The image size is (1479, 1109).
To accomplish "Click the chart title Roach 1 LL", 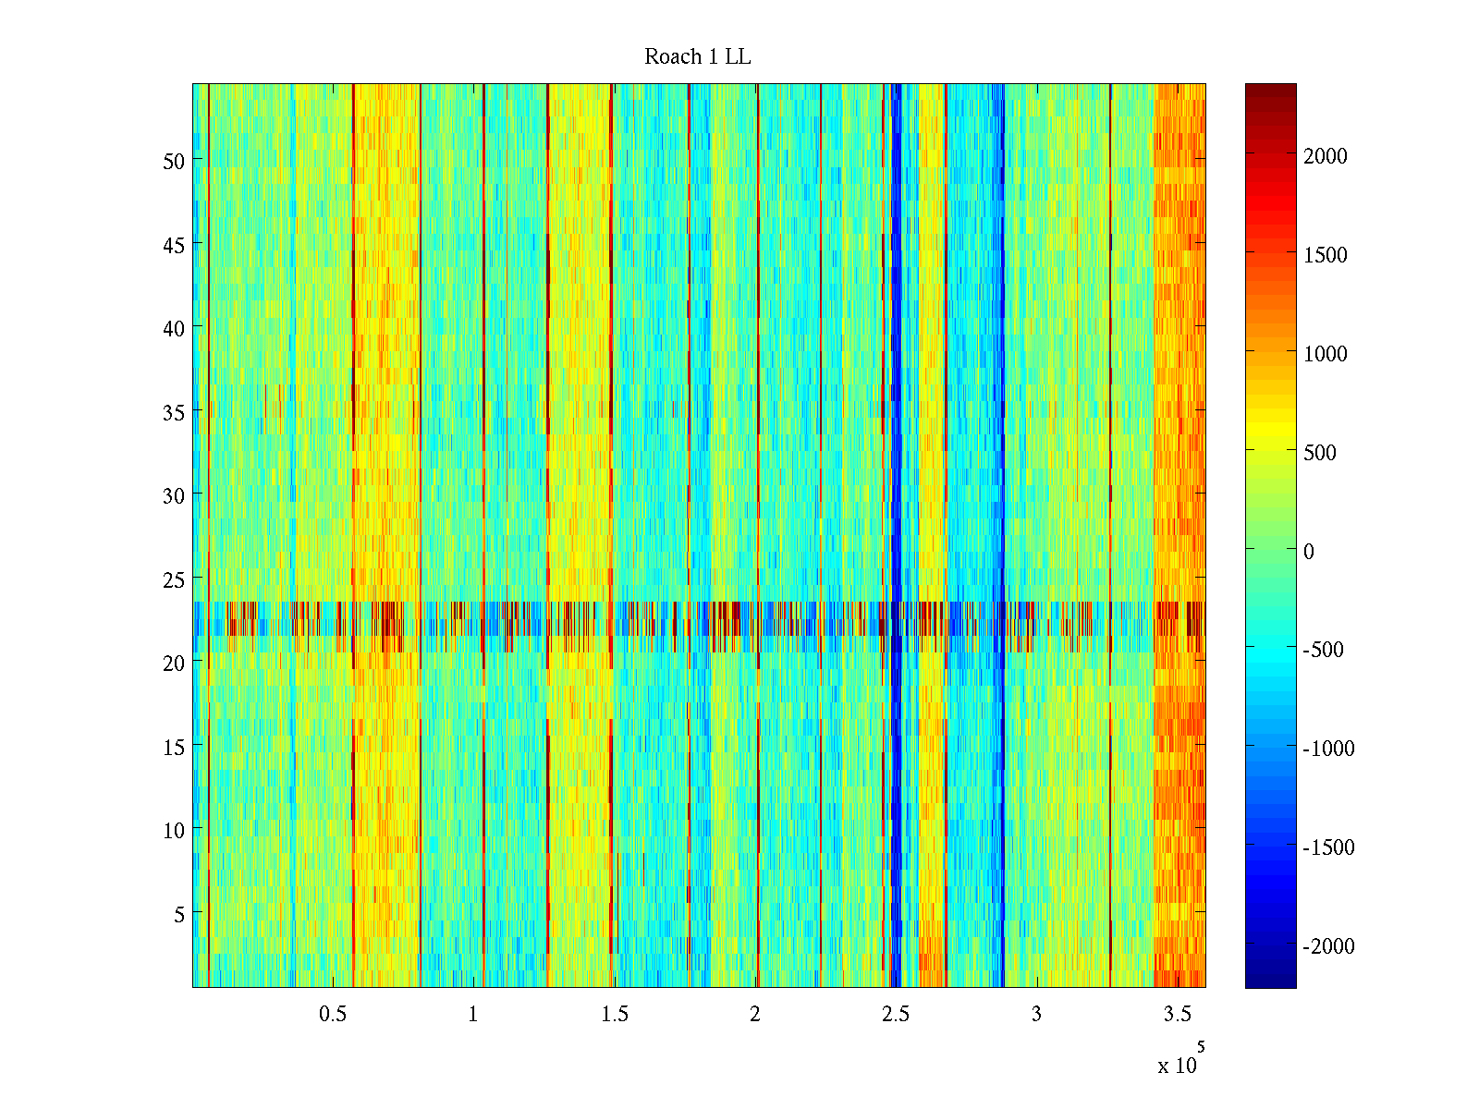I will pyautogui.click(x=697, y=57).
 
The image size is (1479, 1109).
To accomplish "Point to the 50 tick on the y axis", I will pyautogui.click(x=174, y=161).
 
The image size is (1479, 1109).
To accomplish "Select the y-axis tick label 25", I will pyautogui.click(x=174, y=579).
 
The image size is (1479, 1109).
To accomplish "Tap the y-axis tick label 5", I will pyautogui.click(x=179, y=914).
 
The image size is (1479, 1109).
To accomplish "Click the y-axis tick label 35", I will pyautogui.click(x=174, y=412).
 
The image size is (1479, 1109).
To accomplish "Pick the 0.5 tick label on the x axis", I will pyautogui.click(x=333, y=1014).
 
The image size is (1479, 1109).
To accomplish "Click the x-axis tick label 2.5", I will pyautogui.click(x=896, y=1014).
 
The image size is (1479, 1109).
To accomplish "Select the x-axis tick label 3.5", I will pyautogui.click(x=1178, y=1014).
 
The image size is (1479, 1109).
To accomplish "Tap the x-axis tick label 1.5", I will pyautogui.click(x=615, y=1014).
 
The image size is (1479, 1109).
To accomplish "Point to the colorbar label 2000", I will pyautogui.click(x=1326, y=156).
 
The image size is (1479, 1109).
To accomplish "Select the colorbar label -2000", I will pyautogui.click(x=1328, y=946).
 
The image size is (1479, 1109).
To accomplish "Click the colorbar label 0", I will pyautogui.click(x=1309, y=552).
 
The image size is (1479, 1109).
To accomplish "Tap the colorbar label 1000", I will pyautogui.click(x=1326, y=354).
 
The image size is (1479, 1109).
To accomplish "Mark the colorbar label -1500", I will pyautogui.click(x=1328, y=847).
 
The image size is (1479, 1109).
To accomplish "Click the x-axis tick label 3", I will pyautogui.click(x=1036, y=1014).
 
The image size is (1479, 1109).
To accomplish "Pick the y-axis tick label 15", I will pyautogui.click(x=174, y=747).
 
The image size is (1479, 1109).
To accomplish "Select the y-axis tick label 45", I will pyautogui.click(x=174, y=245).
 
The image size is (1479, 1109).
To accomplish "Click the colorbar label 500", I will pyautogui.click(x=1320, y=453).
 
